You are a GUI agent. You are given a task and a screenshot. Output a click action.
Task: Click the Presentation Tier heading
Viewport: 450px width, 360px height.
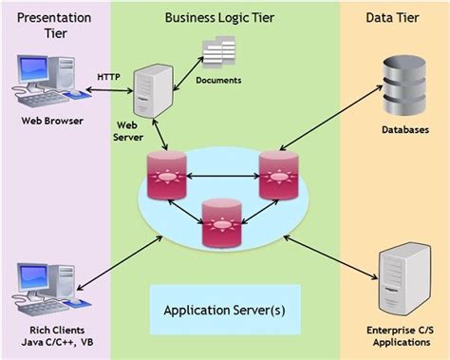pyautogui.click(x=54, y=27)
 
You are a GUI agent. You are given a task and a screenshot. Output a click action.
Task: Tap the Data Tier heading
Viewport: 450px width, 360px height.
pyautogui.click(x=393, y=18)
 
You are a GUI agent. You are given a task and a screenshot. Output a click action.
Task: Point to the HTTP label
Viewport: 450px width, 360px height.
pyautogui.click(x=109, y=75)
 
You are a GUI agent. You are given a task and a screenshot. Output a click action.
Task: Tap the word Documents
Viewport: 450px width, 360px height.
pyautogui.click(x=218, y=81)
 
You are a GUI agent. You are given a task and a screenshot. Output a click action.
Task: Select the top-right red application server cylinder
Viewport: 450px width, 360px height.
pyautogui.click(x=278, y=175)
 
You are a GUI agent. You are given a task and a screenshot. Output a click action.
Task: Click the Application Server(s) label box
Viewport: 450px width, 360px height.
pyautogui.click(x=224, y=310)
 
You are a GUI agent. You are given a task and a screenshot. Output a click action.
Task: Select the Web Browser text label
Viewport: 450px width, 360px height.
pyautogui.click(x=53, y=122)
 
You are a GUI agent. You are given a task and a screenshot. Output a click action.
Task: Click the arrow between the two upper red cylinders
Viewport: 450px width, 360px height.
pyautogui.click(x=221, y=175)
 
